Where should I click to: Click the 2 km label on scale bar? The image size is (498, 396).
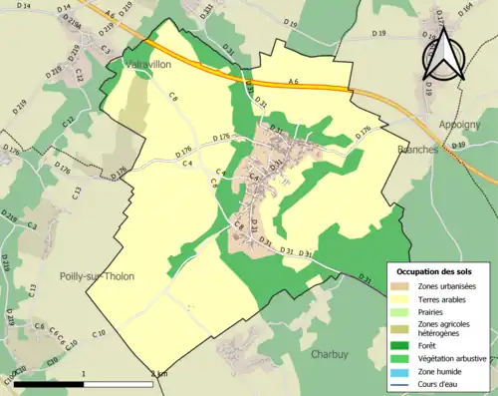[x=159, y=374]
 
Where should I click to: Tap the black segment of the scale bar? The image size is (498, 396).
[x=50, y=383]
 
